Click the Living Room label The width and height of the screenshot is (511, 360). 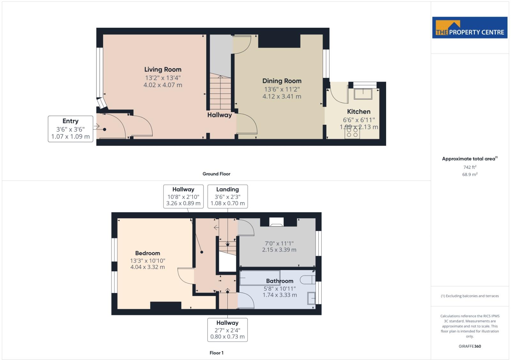pyautogui.click(x=163, y=70)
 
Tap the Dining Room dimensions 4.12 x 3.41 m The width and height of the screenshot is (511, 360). pyautogui.click(x=282, y=96)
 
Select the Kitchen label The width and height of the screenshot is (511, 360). pyautogui.click(x=359, y=112)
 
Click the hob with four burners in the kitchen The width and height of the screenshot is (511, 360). pyautogui.click(x=352, y=132)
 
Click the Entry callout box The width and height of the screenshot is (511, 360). pyautogui.click(x=70, y=129)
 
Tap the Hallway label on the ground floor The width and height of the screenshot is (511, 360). pyautogui.click(x=219, y=115)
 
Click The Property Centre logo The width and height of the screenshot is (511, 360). pyautogui.click(x=469, y=28)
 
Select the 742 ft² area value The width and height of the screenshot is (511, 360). pyautogui.click(x=469, y=167)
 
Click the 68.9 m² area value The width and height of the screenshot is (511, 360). pyautogui.click(x=469, y=175)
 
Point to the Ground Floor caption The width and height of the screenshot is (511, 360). pyautogui.click(x=216, y=174)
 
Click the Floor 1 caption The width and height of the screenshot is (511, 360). pyautogui.click(x=216, y=353)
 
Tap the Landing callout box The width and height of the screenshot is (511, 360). pyautogui.click(x=227, y=196)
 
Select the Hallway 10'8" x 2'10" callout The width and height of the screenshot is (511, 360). pyautogui.click(x=183, y=196)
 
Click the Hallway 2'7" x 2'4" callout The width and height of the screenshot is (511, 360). pyautogui.click(x=227, y=330)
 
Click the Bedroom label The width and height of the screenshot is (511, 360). pyautogui.click(x=148, y=253)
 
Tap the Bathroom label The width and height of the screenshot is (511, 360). pyautogui.click(x=279, y=281)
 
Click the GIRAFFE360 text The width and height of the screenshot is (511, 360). pyautogui.click(x=469, y=346)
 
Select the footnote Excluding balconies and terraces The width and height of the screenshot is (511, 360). pyautogui.click(x=469, y=296)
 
